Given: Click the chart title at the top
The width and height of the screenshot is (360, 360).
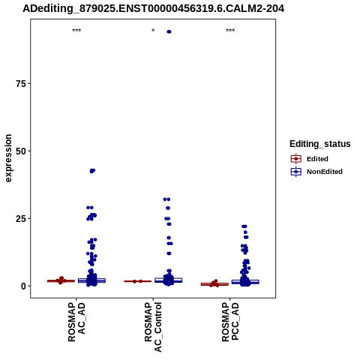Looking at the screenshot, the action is pyautogui.click(x=153, y=9).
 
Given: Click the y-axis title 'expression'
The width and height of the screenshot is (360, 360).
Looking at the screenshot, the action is pyautogui.click(x=8, y=158).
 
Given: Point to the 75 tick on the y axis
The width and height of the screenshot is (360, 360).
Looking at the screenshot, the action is pyautogui.click(x=21, y=83).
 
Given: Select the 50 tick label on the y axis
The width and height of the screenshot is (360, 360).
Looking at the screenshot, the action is pyautogui.click(x=21, y=151).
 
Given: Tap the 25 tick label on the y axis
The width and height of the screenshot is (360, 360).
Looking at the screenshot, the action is pyautogui.click(x=21, y=219).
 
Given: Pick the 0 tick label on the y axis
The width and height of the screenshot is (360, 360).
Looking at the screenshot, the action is pyautogui.click(x=23, y=286).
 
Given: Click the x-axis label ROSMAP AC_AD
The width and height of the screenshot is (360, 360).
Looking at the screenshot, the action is pyautogui.click(x=76, y=322).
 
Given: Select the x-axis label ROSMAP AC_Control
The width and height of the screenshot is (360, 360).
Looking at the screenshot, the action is pyautogui.click(x=153, y=327).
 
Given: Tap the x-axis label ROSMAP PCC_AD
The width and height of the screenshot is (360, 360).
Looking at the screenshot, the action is pyautogui.click(x=230, y=322).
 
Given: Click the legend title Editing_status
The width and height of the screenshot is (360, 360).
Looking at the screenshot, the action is pyautogui.click(x=320, y=144).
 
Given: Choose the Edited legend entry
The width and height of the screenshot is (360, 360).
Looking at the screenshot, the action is pyautogui.click(x=310, y=159).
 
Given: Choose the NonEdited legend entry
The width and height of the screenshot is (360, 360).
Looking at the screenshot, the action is pyautogui.click(x=316, y=172).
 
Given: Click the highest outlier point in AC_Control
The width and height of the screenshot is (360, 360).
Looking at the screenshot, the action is pyautogui.click(x=169, y=31).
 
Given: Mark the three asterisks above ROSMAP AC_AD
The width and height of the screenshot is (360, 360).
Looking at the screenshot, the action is pyautogui.click(x=76, y=31).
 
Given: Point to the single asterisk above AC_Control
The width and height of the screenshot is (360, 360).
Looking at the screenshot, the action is pyautogui.click(x=153, y=31).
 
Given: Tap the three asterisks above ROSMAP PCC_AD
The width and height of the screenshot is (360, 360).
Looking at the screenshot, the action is pyautogui.click(x=230, y=31).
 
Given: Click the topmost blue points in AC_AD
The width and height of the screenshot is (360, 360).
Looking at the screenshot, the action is pyautogui.click(x=92, y=171).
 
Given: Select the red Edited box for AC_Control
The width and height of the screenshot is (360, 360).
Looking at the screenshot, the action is pyautogui.click(x=138, y=281).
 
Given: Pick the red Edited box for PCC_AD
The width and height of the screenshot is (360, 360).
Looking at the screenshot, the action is pyautogui.click(x=214, y=284).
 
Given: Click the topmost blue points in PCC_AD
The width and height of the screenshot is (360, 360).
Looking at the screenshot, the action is pyautogui.click(x=244, y=226).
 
